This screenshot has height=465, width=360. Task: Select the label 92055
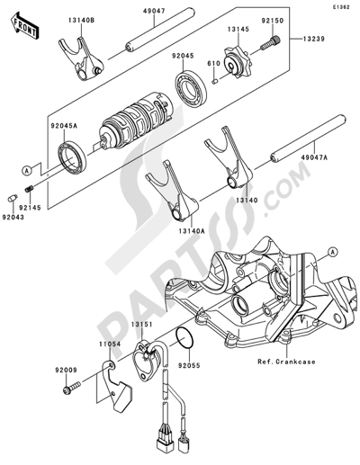(190, 367)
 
